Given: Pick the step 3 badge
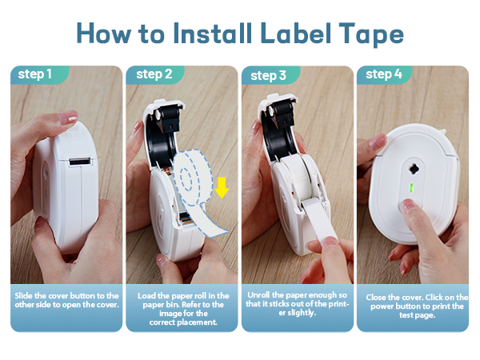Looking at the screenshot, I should [268, 75].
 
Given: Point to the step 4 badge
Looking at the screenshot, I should [384, 74].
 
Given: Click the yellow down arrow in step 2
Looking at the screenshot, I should [222, 187].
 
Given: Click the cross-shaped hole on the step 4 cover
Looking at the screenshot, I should [413, 149].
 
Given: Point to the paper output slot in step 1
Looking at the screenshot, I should [78, 162].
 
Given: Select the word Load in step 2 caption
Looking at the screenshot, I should [147, 296].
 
